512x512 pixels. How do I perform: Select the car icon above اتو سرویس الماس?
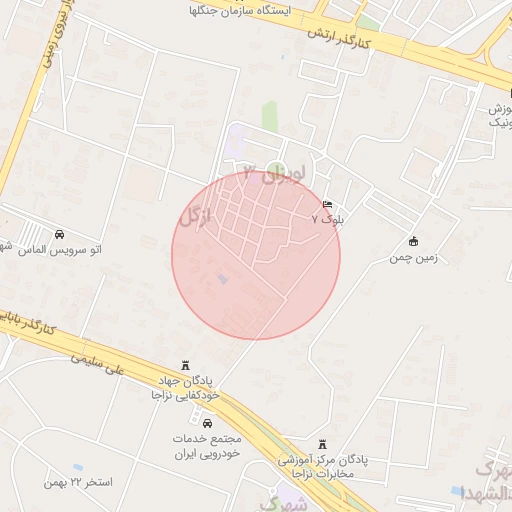pyautogui.click(x=62, y=234)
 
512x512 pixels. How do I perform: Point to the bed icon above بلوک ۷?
pyautogui.click(x=328, y=203)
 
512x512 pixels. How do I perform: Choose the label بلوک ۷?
pyautogui.click(x=327, y=217)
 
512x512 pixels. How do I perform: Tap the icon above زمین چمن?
pyautogui.click(x=413, y=241)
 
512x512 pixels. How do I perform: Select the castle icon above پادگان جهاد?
pyautogui.click(x=184, y=366)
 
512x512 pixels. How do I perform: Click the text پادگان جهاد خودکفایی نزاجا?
pyautogui.click(x=184, y=388)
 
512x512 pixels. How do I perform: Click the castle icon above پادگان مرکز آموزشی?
pyautogui.click(x=321, y=444)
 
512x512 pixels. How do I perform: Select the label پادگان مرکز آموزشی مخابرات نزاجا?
pyautogui.click(x=322, y=466)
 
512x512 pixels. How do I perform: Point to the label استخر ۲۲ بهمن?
pyautogui.click(x=78, y=482)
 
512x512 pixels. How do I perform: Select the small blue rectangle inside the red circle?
pyautogui.click(x=222, y=279)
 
